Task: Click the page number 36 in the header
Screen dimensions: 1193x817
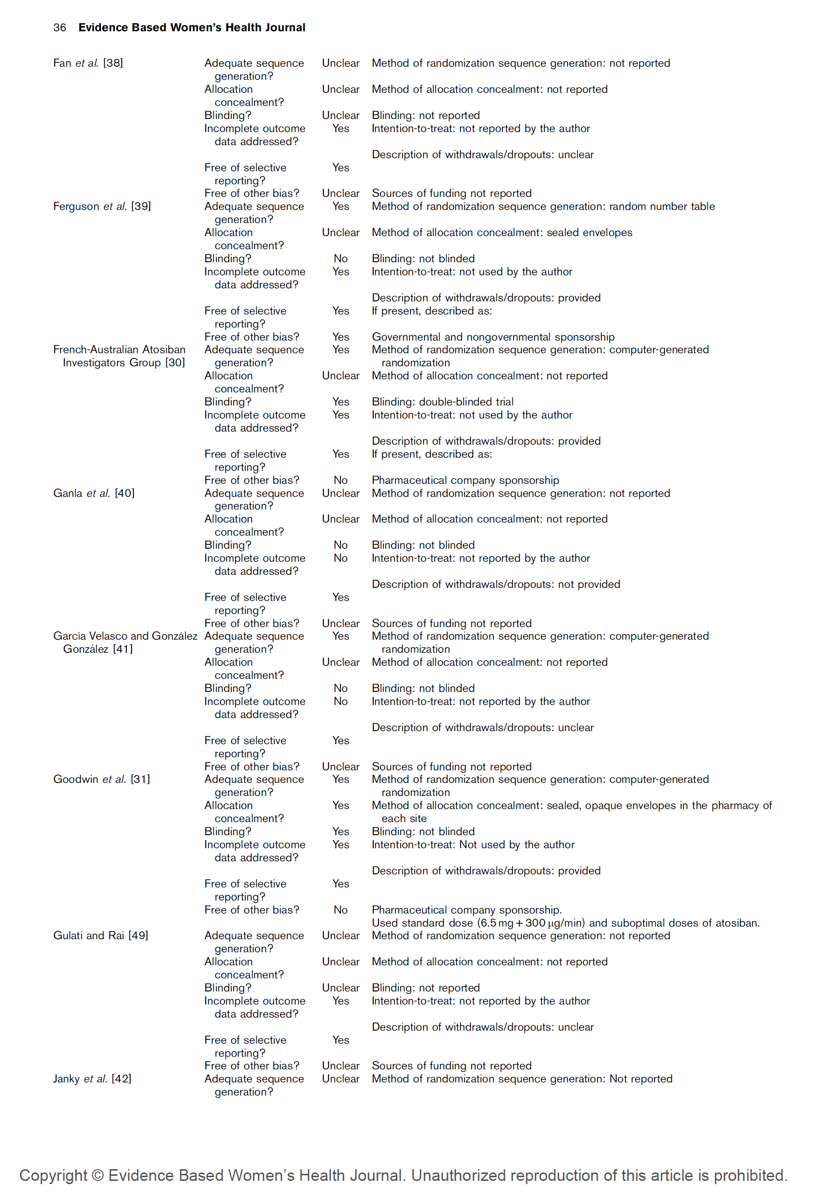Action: [60, 28]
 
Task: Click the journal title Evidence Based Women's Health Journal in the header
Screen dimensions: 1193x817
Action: [192, 28]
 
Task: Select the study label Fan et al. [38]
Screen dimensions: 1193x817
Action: [88, 63]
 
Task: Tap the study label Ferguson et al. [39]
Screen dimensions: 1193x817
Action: [102, 206]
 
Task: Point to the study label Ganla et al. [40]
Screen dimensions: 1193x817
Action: [93, 493]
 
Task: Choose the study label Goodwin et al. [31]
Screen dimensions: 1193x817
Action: [101, 779]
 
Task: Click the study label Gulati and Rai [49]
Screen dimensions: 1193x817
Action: [100, 935]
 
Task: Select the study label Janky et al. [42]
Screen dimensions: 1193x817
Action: [92, 1079]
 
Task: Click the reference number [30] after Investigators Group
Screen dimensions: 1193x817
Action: [175, 363]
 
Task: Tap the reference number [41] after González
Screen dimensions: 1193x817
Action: [123, 649]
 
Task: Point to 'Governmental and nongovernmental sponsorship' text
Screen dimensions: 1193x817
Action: [493, 337]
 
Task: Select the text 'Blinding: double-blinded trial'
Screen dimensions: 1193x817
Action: [442, 402]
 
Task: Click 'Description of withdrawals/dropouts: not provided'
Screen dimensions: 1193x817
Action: [496, 584]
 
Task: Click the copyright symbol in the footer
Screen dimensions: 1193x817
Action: [98, 1176]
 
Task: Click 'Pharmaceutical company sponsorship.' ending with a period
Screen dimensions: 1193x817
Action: [466, 910]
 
